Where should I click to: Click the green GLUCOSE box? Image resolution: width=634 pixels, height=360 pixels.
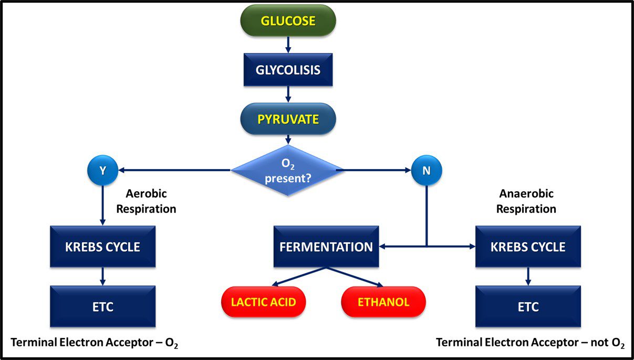coord(288,20)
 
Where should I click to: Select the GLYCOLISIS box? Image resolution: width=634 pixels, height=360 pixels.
coord(288,70)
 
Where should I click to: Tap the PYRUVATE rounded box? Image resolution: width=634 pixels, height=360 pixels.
coord(288,119)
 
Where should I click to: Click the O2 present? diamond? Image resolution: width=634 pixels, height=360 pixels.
coord(287,170)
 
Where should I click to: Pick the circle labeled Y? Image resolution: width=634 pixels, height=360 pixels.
coord(103,170)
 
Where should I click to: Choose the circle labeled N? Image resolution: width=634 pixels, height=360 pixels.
coord(427,170)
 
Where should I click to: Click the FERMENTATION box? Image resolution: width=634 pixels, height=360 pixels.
coord(326,246)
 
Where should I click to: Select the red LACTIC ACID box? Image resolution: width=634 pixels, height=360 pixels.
coord(264,302)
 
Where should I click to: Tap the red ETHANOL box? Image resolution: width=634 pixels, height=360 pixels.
coord(383,302)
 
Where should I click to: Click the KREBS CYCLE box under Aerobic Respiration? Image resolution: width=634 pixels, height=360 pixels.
coord(103,246)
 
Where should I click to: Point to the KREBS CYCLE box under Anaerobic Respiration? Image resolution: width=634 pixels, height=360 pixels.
coord(528,246)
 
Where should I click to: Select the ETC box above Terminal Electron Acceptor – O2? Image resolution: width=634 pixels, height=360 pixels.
coord(103,306)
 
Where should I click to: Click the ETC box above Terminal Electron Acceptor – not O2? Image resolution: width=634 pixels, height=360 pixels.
coord(528,306)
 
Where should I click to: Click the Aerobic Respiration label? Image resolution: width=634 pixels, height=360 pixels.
coord(146,201)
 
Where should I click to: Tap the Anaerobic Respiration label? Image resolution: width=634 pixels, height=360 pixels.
coord(526,201)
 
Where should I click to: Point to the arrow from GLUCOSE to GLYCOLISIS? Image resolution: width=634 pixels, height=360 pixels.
coord(288,45)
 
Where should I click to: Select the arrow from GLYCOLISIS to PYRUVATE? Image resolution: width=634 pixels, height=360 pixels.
coord(288,94)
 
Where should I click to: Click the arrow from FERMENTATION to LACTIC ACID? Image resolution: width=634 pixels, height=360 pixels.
coord(299,276)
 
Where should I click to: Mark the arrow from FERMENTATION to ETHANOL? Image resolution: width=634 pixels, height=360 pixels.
coord(355,277)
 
